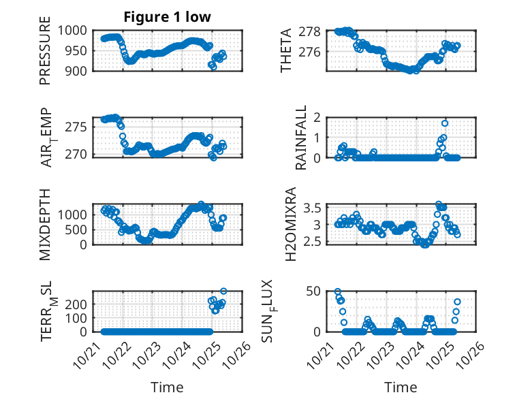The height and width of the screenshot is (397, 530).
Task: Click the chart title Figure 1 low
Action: (167, 17)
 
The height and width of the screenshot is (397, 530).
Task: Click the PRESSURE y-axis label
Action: (45, 54)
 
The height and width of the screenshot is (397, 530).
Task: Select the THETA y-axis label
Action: (286, 50)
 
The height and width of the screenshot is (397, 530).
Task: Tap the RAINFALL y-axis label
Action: (301, 138)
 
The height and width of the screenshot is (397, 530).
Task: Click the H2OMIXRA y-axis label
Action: (291, 224)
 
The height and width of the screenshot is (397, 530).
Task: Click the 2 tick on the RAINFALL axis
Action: (324, 117)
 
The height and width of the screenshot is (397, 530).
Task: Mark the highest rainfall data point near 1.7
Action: (444, 123)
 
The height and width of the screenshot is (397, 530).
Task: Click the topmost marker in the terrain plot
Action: (223, 291)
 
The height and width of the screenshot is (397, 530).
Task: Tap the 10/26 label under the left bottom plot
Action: (240, 353)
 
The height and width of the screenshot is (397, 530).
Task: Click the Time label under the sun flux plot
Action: (400, 387)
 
